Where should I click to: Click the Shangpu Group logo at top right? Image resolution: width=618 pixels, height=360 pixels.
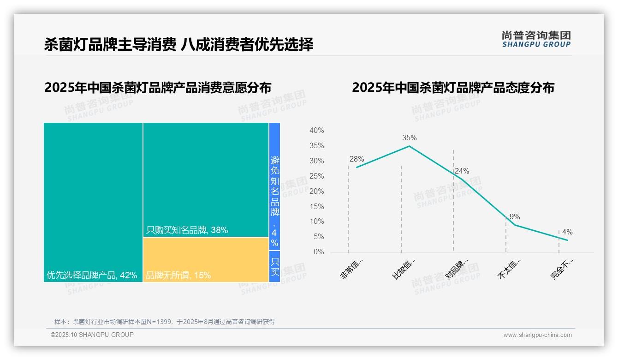[536, 39]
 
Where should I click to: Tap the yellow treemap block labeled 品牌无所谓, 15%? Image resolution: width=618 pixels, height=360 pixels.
[206, 259]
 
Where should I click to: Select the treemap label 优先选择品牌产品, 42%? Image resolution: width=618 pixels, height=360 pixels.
[92, 276]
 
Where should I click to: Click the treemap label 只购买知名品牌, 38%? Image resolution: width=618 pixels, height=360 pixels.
[187, 230]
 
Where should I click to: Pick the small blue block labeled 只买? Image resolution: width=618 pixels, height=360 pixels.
[274, 266]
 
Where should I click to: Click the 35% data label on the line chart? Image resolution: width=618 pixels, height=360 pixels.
[409, 138]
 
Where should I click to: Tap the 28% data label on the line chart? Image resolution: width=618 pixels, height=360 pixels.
[357, 159]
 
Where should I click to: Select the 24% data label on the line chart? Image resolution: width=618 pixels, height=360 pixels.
[462, 171]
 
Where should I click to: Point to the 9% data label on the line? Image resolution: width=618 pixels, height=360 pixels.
[515, 217]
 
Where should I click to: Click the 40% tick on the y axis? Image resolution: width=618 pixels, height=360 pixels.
[316, 131]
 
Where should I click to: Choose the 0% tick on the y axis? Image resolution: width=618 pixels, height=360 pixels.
[319, 252]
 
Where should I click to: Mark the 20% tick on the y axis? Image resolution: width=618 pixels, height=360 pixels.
[316, 192]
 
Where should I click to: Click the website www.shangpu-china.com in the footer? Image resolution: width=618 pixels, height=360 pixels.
[537, 335]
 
